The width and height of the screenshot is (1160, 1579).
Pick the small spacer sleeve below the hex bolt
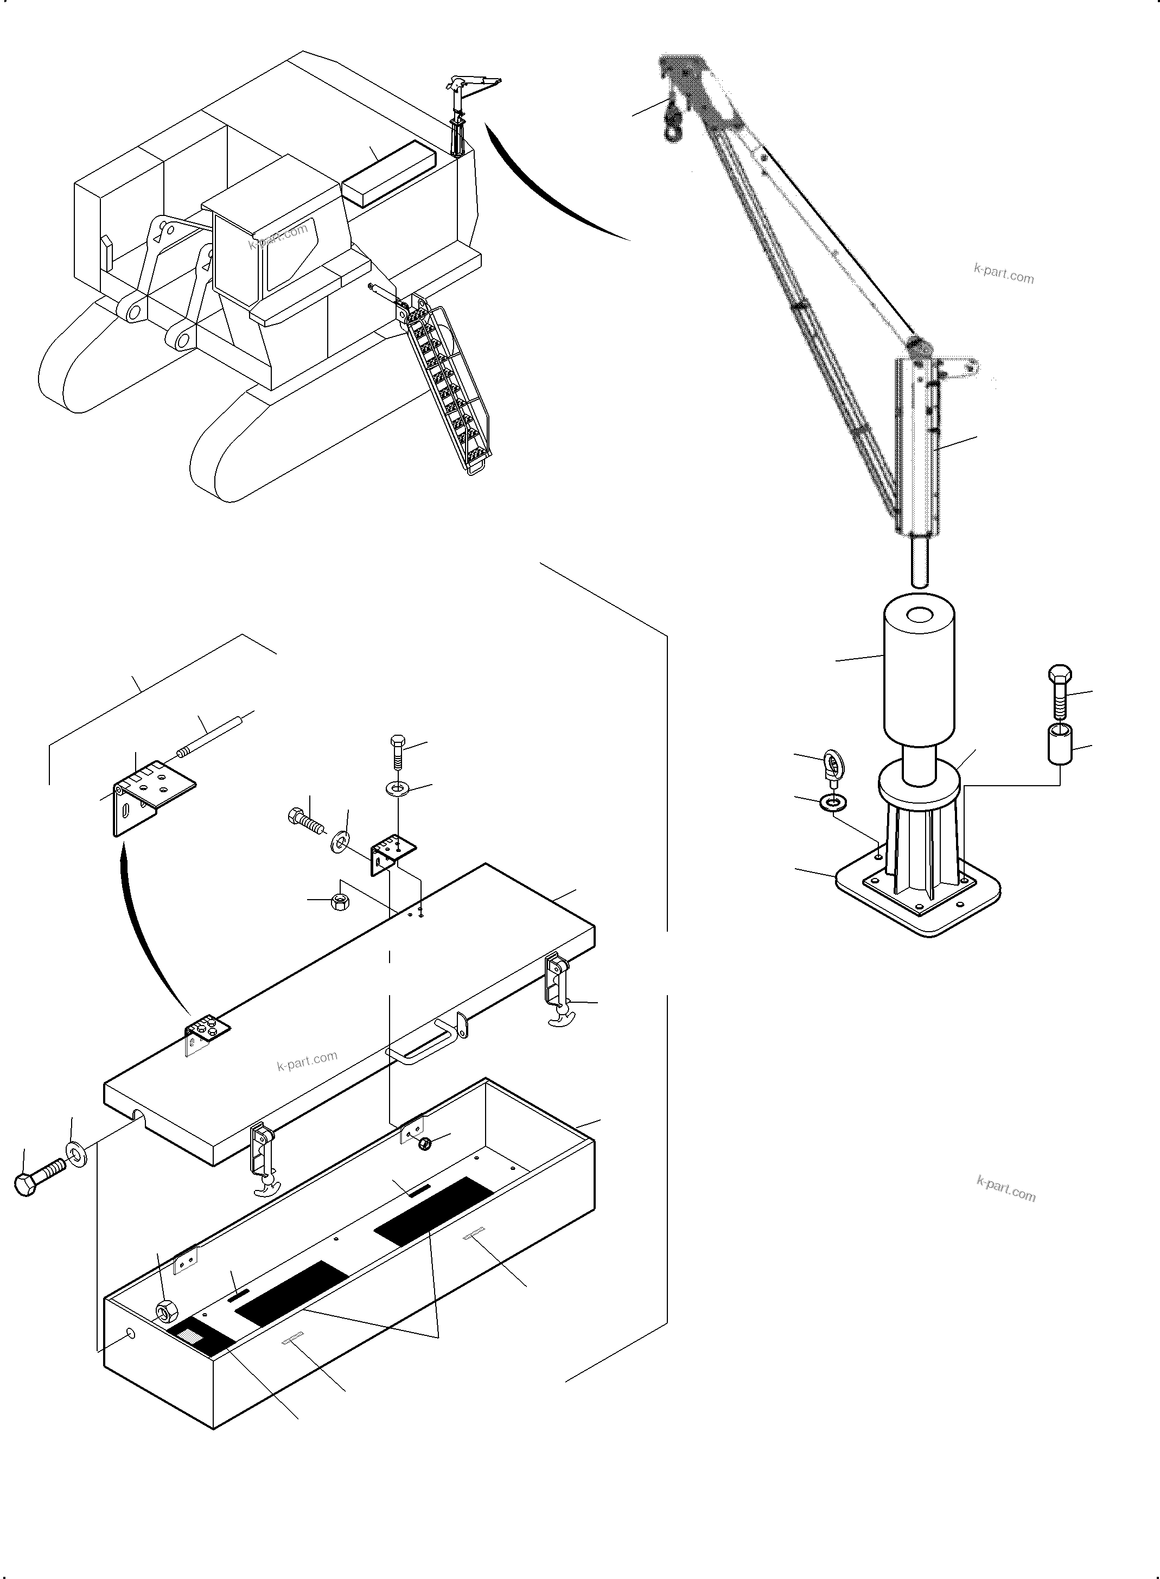pyautogui.click(x=1061, y=745)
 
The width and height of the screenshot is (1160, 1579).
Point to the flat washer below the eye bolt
pyautogui.click(x=833, y=801)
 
